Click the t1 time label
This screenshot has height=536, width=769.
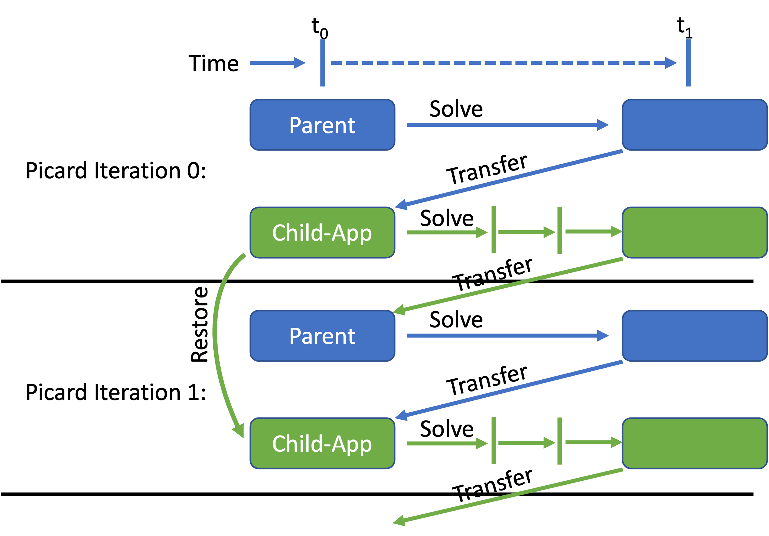[684, 28]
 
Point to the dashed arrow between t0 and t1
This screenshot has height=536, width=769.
[504, 63]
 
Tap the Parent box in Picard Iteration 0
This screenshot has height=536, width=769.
[323, 125]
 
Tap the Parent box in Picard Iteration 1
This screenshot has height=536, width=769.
[323, 336]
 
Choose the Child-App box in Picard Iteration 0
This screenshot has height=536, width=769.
[323, 232]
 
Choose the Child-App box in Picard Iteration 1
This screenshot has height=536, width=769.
[323, 443]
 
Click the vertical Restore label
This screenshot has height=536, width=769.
[200, 324]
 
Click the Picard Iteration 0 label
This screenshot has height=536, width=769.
[116, 171]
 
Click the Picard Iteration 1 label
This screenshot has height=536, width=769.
[116, 392]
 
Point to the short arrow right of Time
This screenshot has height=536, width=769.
[278, 63]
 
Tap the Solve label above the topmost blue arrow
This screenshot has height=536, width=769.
[456, 109]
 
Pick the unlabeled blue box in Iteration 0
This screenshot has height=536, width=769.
[695, 125]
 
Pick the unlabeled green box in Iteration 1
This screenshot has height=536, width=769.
[695, 443]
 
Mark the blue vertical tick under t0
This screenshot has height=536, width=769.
[323, 63]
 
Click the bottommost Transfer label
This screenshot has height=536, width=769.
[492, 485]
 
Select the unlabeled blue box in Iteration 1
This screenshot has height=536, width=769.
[695, 336]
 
